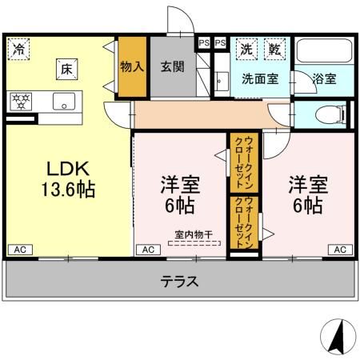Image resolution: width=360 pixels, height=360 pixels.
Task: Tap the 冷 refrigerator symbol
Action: pos(18,48)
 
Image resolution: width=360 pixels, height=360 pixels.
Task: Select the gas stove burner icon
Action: pos(20,102)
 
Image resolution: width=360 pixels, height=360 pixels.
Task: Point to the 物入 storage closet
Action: pos(132,66)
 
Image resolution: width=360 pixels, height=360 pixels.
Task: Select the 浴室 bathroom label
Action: pos(324,80)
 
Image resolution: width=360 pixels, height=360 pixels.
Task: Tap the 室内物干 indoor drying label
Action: pos(194,235)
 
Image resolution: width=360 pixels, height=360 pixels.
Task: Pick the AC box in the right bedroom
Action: pos(340,250)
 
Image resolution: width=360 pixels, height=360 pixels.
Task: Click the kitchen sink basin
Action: pos(63,102)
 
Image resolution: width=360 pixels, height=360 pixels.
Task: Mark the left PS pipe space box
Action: pos(204,42)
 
